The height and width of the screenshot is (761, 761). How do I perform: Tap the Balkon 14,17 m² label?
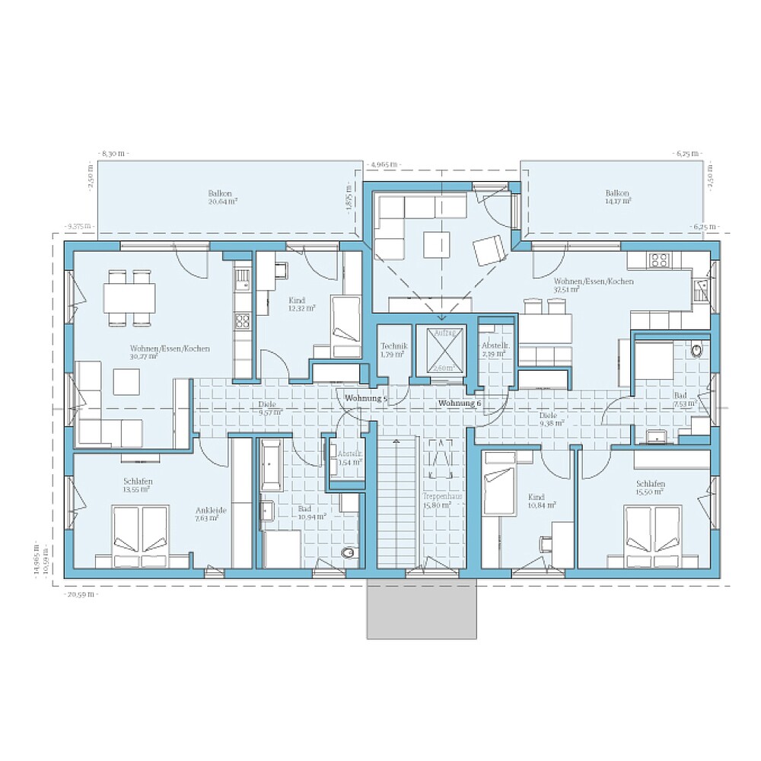pyautogui.click(x=617, y=198)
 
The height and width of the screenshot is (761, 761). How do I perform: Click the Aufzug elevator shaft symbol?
pyautogui.click(x=439, y=351)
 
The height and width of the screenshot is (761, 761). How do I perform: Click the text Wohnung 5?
pyautogui.click(x=366, y=398)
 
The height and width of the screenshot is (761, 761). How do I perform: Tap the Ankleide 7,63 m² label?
pyautogui.click(x=207, y=514)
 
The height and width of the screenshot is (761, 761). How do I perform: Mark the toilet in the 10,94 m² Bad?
pyautogui.click(x=348, y=552)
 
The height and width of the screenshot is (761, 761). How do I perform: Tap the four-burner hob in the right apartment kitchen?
pyautogui.click(x=659, y=260)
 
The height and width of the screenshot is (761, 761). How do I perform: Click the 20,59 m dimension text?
pyautogui.click(x=81, y=594)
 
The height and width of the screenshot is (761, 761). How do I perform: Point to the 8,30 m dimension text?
pyautogui.click(x=113, y=154)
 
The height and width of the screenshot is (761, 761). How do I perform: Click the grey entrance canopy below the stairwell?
pyautogui.click(x=422, y=608)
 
